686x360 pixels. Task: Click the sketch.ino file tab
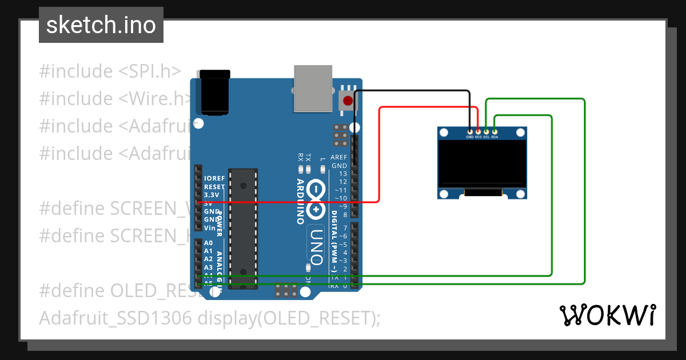(101, 25)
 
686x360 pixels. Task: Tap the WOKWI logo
(607, 315)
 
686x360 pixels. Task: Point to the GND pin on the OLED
(470, 132)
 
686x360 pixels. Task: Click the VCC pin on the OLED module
(478, 132)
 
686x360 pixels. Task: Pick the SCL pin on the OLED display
(486, 132)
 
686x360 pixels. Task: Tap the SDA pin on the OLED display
(494, 132)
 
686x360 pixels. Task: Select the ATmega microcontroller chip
(243, 229)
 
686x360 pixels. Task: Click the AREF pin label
(339, 157)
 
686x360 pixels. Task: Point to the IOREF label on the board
(214, 178)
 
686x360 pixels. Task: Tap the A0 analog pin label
(209, 243)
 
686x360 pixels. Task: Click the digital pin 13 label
(343, 174)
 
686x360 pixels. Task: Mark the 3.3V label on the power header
(212, 195)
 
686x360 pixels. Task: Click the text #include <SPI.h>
(110, 71)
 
